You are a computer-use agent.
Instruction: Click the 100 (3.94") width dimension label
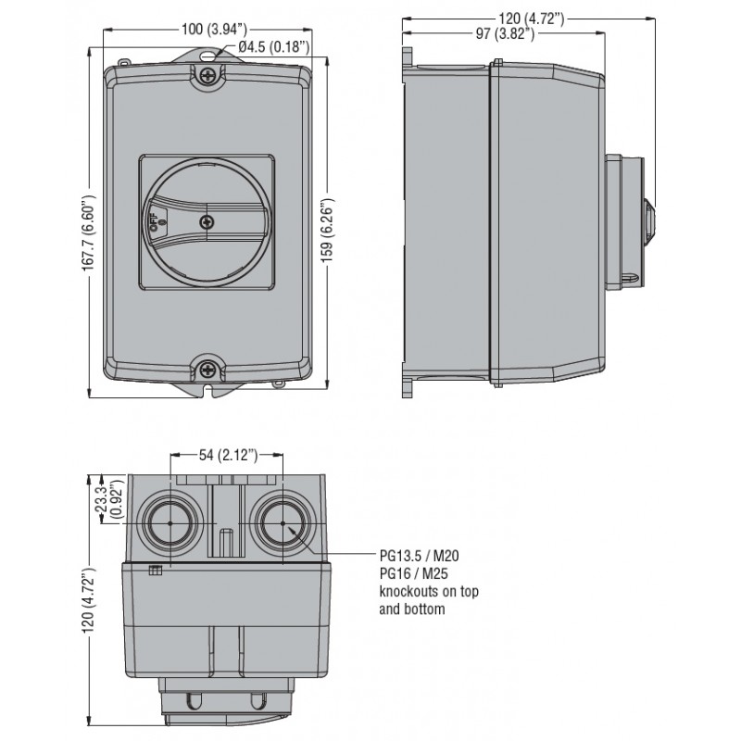[214, 30]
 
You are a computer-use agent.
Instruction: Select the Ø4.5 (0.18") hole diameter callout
[274, 47]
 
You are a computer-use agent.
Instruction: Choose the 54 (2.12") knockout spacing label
[228, 455]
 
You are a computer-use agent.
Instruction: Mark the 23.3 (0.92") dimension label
[108, 500]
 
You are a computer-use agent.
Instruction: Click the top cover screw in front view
[207, 75]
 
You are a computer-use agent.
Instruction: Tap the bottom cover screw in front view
[207, 369]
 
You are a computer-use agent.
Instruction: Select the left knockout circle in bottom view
[170, 523]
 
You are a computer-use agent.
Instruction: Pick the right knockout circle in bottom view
[283, 523]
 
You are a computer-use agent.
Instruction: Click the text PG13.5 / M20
[420, 555]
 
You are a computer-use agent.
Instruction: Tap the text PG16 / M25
[414, 573]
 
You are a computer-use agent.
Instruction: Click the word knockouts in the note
[409, 591]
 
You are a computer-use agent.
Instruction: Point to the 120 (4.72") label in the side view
[531, 19]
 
